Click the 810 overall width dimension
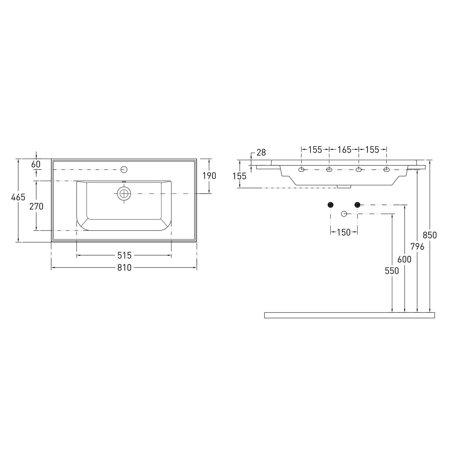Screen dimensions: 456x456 (125, 268)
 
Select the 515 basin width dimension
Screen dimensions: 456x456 (125, 255)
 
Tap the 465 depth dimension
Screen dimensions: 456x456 (18, 197)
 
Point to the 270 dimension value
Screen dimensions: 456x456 (36, 206)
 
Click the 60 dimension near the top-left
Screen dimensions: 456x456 (36, 164)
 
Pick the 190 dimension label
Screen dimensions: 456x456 (209, 176)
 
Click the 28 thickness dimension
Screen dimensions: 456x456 (261, 153)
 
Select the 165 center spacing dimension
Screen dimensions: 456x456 (344, 150)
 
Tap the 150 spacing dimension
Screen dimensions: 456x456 (344, 232)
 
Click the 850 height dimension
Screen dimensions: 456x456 (430, 235)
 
